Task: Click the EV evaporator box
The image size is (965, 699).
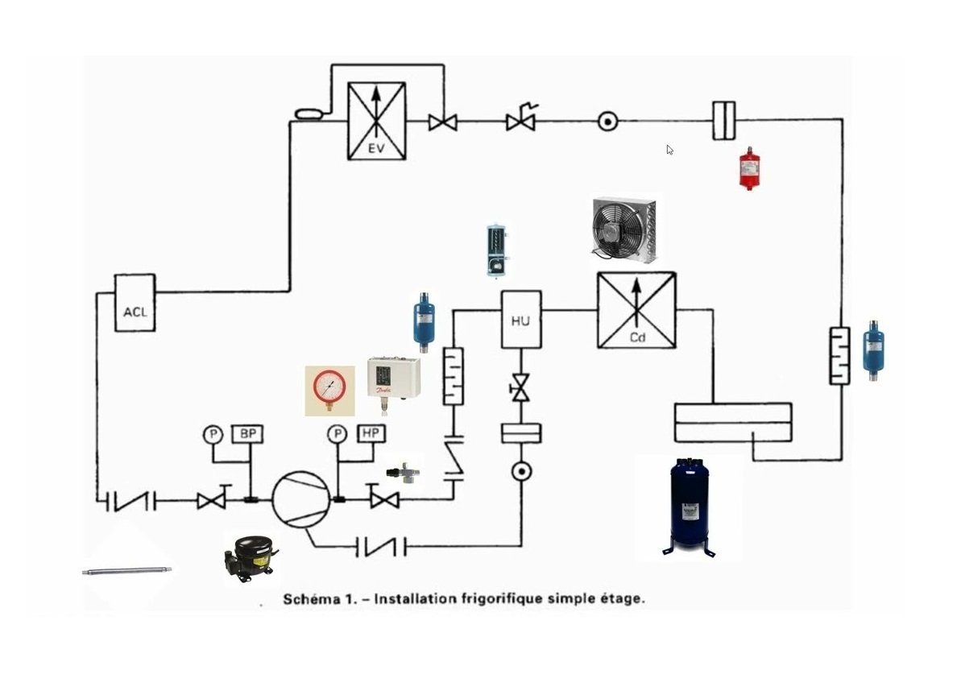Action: [376, 121]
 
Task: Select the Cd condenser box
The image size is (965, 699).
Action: [636, 310]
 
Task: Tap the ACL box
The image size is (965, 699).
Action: [135, 303]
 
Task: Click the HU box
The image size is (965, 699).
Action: [520, 320]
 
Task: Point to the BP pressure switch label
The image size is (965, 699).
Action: [247, 434]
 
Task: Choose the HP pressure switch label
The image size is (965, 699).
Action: [371, 434]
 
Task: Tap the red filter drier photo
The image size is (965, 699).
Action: [750, 168]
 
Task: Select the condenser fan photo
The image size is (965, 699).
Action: [623, 231]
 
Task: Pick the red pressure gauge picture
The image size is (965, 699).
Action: [329, 391]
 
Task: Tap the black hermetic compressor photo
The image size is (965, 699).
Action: [249, 556]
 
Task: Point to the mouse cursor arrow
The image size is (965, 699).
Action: [669, 149]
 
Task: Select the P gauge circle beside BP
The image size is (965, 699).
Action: [213, 435]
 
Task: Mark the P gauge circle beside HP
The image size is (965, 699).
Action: [337, 435]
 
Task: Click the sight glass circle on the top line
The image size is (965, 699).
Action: [607, 122]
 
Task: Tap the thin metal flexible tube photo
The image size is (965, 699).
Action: [126, 571]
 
